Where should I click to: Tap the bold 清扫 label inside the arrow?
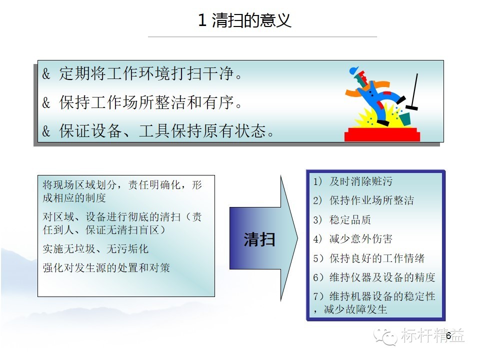coord(259,239)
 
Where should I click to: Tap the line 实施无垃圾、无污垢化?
coord(95,249)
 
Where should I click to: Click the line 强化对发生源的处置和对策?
coord(106,268)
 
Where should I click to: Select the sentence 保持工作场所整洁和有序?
coord(150,102)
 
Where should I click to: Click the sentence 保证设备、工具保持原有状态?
coord(166,130)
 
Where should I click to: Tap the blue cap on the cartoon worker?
coord(353,70)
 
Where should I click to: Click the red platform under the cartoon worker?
coord(382,134)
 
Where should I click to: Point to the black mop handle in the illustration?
coord(414,89)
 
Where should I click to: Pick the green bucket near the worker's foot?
coord(404,119)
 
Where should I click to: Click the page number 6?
coord(448,335)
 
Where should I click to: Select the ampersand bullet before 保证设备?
coord(46,131)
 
